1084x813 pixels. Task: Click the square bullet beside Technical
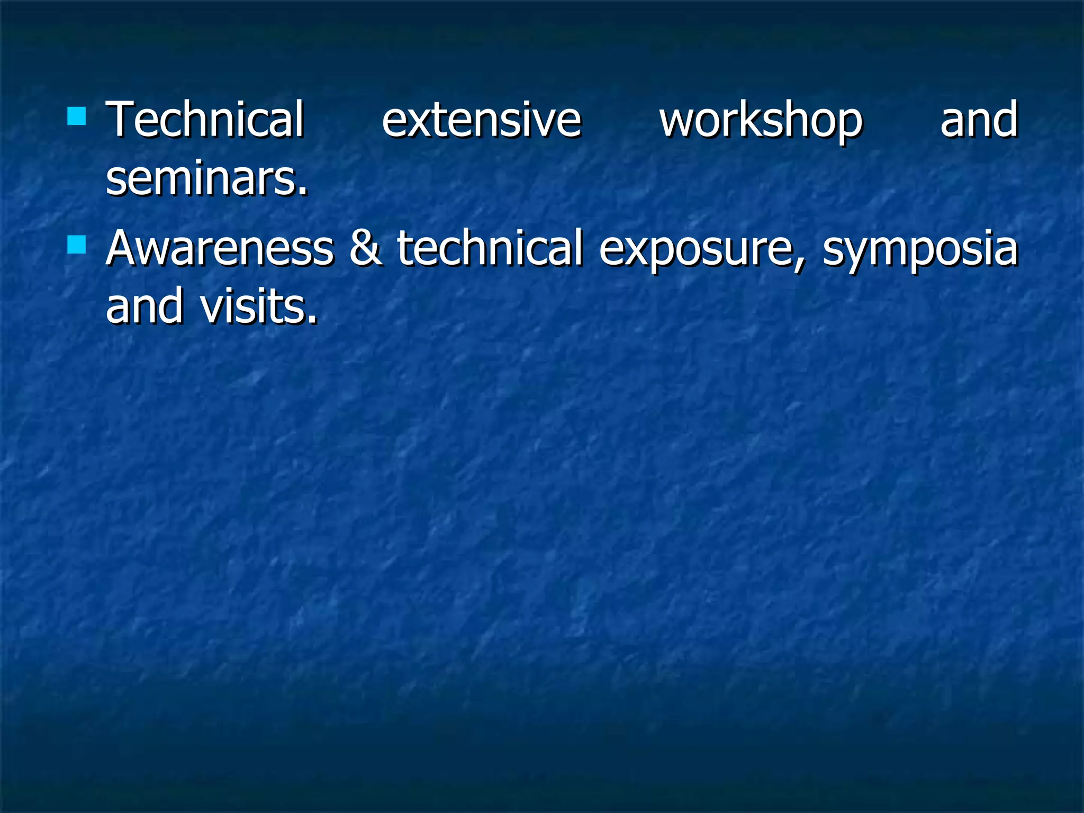pyautogui.click(x=77, y=116)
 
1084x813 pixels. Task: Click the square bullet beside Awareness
pyautogui.click(x=77, y=245)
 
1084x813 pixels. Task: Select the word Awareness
pyautogui.click(x=220, y=248)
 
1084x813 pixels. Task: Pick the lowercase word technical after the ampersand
pyautogui.click(x=490, y=248)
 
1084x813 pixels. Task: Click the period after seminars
pyautogui.click(x=303, y=193)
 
